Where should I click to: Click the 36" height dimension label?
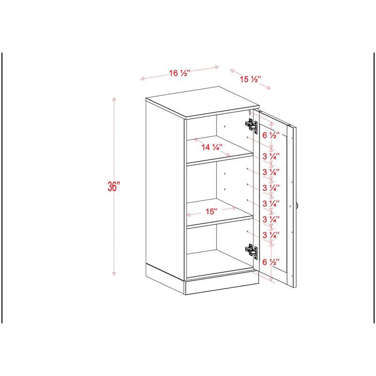coord(114,186)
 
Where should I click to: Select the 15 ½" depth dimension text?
coord(251,79)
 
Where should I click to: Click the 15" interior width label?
coord(211,212)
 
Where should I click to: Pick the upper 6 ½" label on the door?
coord(271,135)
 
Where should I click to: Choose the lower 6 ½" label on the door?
coord(271,261)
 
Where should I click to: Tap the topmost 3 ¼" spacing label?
coord(271,156)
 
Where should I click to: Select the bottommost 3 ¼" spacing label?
coord(271,235)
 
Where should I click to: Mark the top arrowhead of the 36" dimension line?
coord(114,98)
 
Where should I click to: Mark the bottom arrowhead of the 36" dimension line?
coord(114,274)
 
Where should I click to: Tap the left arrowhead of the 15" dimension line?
coord(189,215)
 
